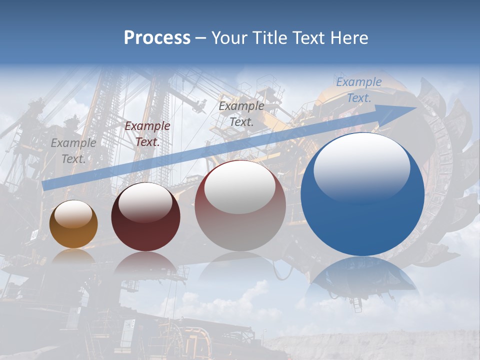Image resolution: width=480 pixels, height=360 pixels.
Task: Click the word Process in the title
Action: pos(157,38)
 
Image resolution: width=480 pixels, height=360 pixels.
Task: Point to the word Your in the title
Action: pos(231,38)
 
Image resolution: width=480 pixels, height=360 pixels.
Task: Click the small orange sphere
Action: pos(73,224)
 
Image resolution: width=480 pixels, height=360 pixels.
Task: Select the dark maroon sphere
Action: pos(145,217)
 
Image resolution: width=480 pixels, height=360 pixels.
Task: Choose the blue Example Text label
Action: pos(358,90)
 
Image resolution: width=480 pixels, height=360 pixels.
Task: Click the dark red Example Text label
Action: pos(147,134)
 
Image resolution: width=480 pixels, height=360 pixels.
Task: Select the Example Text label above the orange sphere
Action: pos(73,150)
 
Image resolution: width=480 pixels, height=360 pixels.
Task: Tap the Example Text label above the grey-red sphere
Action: pos(241,113)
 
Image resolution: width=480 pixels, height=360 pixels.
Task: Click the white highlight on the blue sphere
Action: pos(361,162)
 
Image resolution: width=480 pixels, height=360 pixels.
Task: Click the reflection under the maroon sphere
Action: pos(145,263)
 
